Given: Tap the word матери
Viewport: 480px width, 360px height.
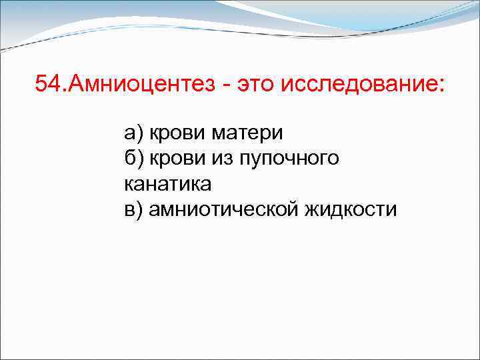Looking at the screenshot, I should pos(247,133).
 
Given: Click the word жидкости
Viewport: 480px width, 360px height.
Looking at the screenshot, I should pos(351,209).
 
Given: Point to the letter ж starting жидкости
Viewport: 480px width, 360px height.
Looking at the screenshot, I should pos(313,209).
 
